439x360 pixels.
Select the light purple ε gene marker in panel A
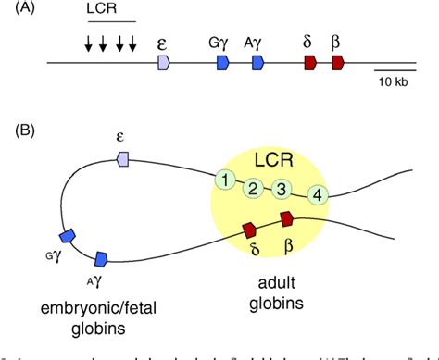pos(164,62)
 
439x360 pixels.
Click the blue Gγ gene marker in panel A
pos(223,62)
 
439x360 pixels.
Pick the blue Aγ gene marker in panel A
pos(258,62)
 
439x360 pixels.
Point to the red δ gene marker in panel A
pos(310,62)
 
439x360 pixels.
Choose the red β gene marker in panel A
pos(338,62)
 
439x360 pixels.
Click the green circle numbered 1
pos(222,180)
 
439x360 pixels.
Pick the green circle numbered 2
pos(252,188)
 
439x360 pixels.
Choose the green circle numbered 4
pos(318,194)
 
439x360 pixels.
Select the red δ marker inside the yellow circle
pos(249,229)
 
